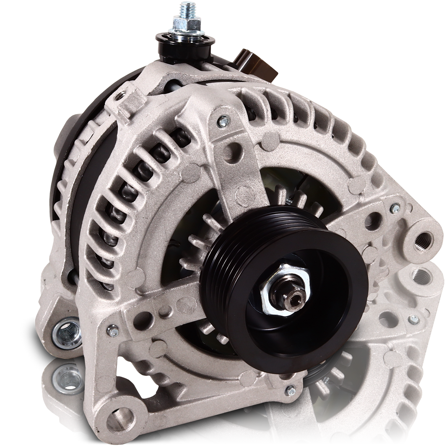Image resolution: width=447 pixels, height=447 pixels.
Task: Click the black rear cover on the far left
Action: [67, 176]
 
